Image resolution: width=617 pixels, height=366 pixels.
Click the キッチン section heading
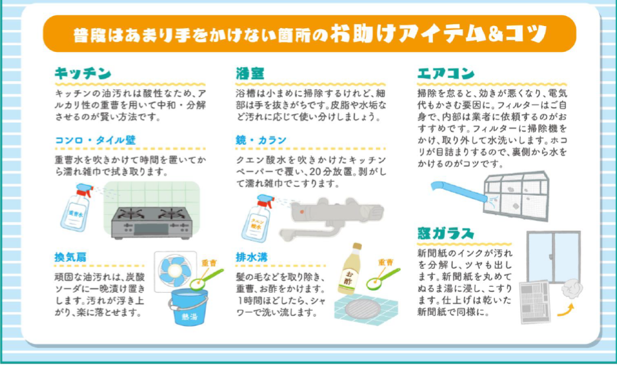pyautogui.click(x=83, y=73)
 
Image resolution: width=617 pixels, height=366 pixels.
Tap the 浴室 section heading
pyautogui.click(x=250, y=73)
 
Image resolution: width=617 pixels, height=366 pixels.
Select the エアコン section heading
pyautogui.click(x=446, y=73)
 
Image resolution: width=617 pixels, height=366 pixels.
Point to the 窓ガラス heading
pyautogui.click(x=446, y=234)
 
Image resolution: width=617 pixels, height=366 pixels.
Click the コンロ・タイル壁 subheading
pyautogui.click(x=95, y=140)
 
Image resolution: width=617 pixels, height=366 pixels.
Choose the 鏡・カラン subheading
pyautogui.click(x=261, y=140)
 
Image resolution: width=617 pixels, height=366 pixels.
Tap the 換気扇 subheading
pyautogui.click(x=70, y=257)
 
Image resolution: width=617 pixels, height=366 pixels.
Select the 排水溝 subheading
pyautogui.click(x=252, y=257)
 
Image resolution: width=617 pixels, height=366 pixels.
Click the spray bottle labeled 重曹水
pyautogui.click(x=77, y=207)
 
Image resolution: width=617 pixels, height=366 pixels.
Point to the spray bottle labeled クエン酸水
pyautogui.click(x=258, y=218)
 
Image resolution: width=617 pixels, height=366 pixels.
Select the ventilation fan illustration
pyautogui.click(x=175, y=272)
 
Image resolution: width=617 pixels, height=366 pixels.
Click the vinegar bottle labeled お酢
pyautogui.click(x=350, y=269)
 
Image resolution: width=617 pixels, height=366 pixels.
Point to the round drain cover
pyautogui.click(x=362, y=308)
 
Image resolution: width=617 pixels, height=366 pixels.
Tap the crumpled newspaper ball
pyautogui.click(x=572, y=289)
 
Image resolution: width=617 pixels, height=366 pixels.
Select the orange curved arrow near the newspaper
pyautogui.click(x=565, y=310)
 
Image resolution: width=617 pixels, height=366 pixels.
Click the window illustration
pyautogui.click(x=554, y=257)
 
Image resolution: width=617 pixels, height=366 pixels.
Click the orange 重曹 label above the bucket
pyautogui.click(x=209, y=263)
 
